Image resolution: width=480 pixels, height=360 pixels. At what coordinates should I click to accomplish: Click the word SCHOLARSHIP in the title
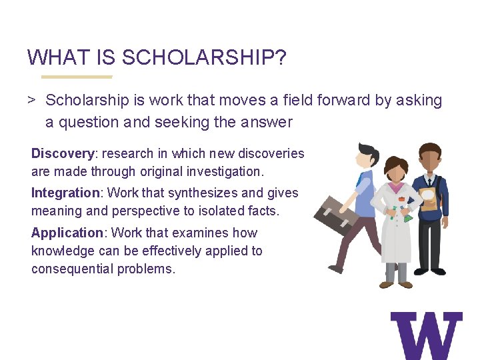[x=204, y=57]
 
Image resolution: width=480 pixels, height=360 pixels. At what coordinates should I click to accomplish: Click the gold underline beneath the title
[x=70, y=77]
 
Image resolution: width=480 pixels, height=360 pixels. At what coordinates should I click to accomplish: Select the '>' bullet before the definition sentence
[x=31, y=101]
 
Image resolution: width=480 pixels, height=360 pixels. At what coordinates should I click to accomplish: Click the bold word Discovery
[x=62, y=153]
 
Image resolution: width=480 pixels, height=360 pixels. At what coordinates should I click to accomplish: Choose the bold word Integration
[x=65, y=193]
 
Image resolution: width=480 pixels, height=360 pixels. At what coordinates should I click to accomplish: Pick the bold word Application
[x=67, y=233]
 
